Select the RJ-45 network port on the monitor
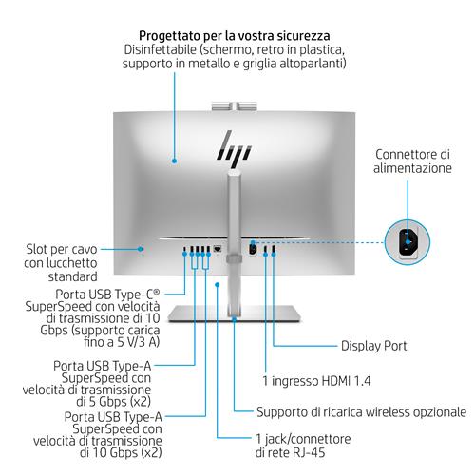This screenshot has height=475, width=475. (219, 250)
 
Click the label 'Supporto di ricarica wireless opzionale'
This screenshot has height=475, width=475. (361, 412)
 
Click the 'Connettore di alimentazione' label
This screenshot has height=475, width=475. (413, 161)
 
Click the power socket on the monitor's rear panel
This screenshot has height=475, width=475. (253, 248)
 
